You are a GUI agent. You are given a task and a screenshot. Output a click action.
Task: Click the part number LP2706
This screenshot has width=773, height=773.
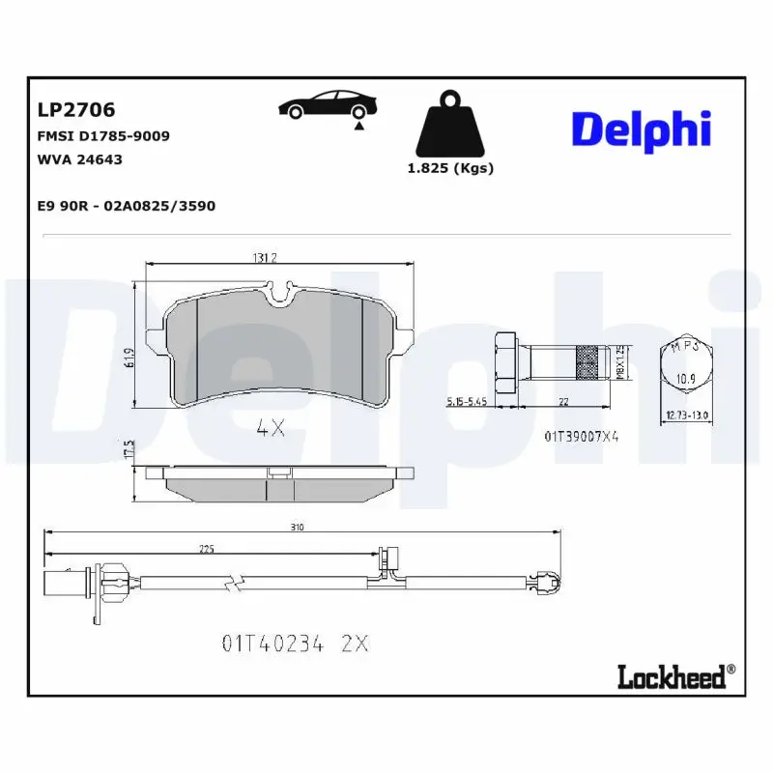tap(75, 112)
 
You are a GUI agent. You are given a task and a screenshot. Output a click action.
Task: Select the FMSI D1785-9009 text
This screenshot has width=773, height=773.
tap(103, 136)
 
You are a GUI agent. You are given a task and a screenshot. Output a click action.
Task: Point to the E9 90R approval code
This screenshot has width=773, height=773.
tap(126, 206)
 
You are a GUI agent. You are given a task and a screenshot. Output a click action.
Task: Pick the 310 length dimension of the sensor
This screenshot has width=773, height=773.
tap(298, 527)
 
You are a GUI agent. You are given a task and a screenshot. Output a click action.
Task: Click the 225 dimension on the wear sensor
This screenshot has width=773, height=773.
tap(206, 548)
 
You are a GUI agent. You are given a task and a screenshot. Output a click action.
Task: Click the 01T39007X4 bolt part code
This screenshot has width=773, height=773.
tap(582, 437)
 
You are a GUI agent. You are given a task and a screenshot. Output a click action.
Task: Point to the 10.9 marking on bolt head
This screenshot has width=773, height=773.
tap(684, 378)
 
